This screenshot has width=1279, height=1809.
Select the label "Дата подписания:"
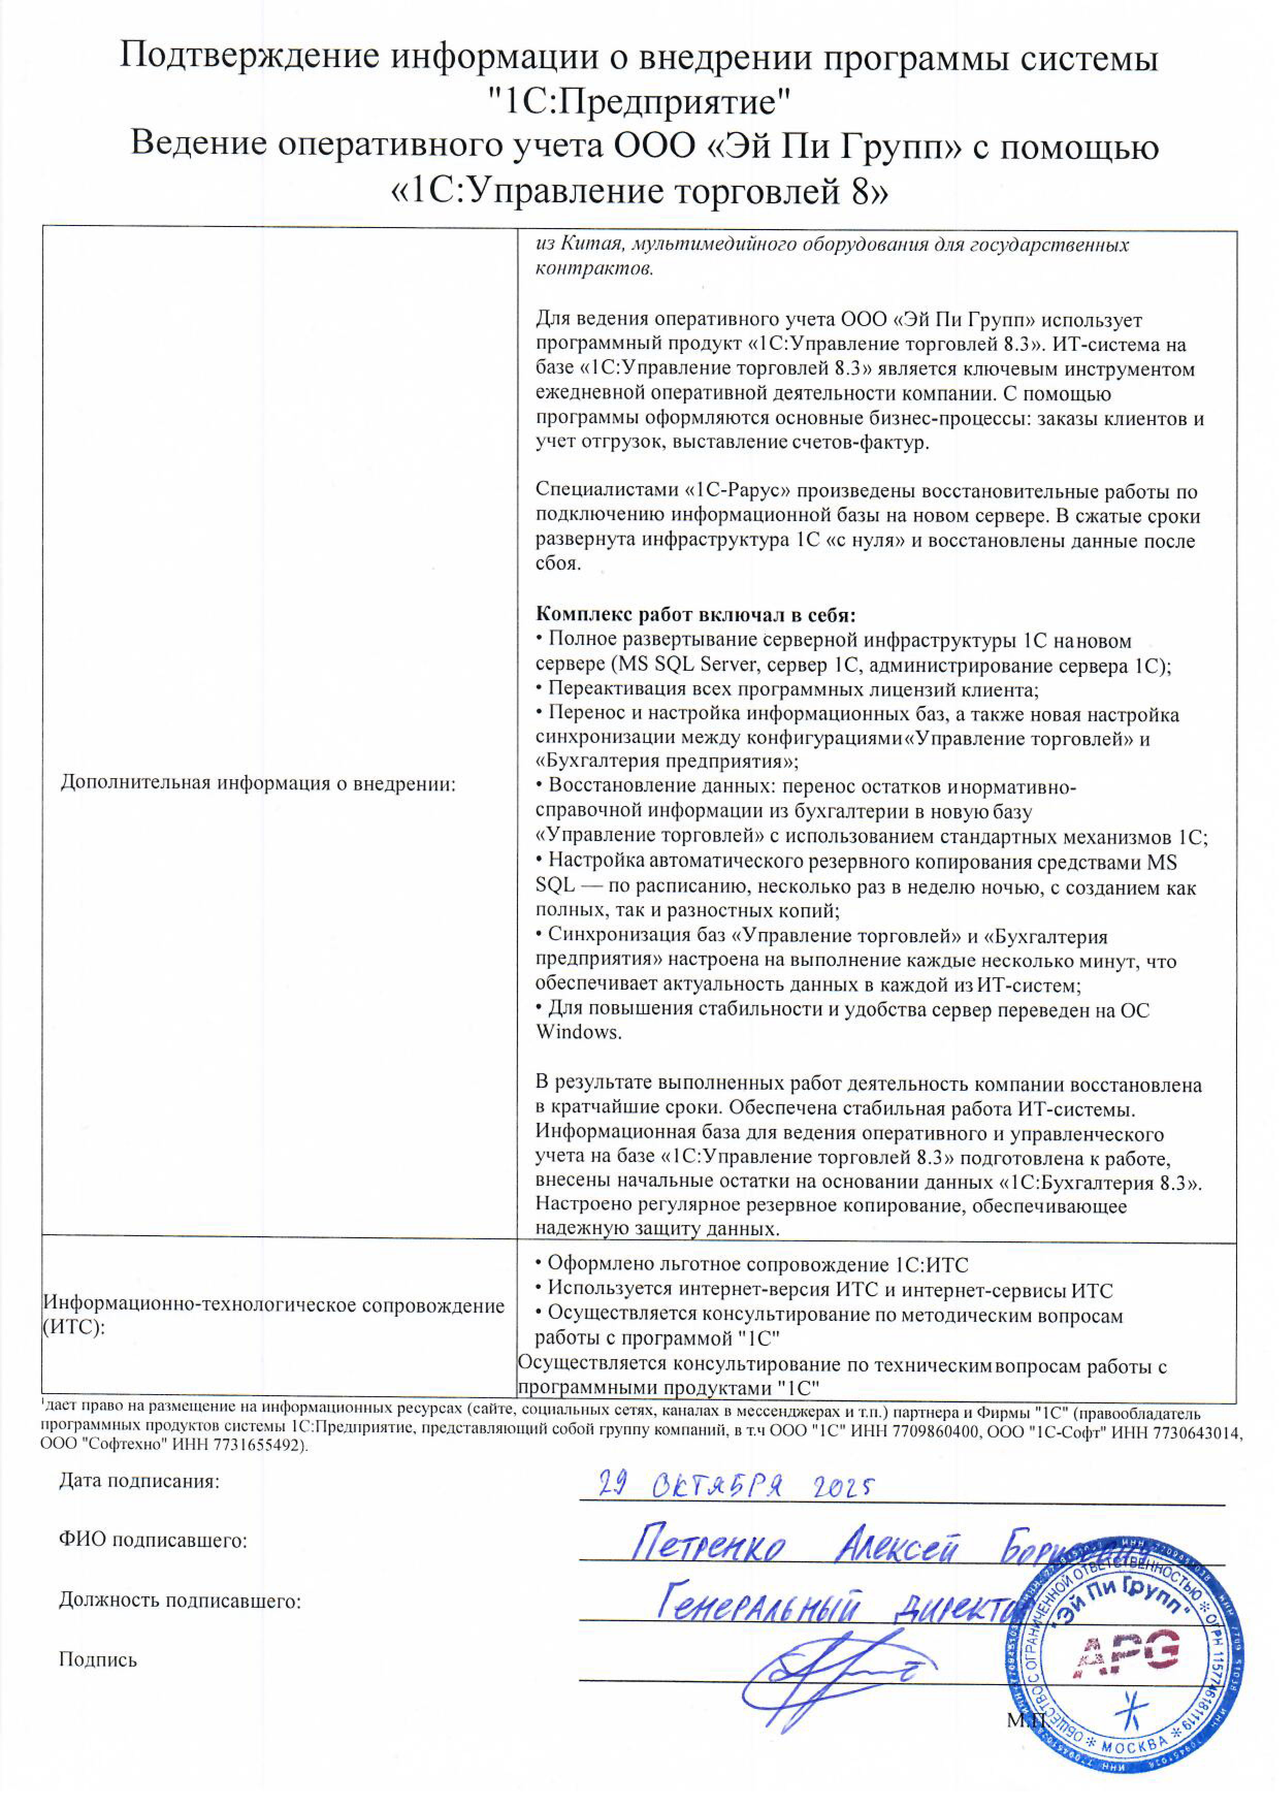point(139,1481)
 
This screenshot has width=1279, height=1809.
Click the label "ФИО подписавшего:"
point(153,1540)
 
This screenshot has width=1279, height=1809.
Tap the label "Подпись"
point(97,1660)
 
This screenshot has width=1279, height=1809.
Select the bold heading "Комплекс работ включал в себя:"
point(695,614)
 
